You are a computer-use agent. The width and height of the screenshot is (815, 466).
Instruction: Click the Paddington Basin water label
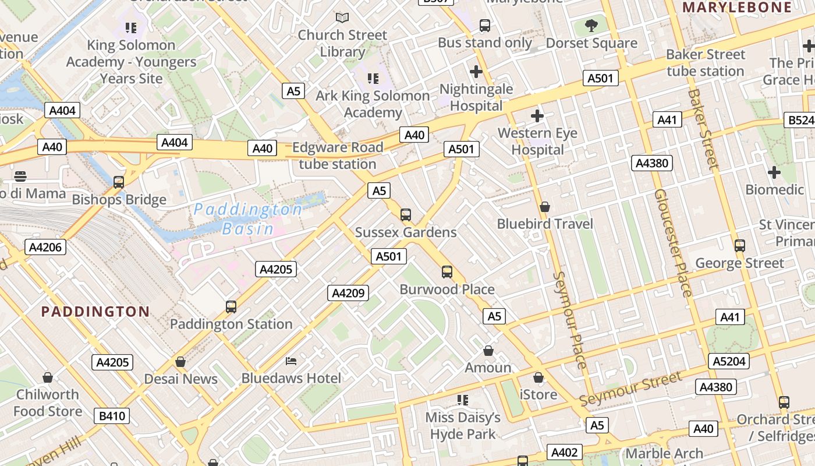click(249, 218)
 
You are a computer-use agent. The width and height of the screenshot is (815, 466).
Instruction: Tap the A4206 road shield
click(45, 247)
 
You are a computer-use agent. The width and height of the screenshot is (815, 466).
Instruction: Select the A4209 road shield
click(348, 293)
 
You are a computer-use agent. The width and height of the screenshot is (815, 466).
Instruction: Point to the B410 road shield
click(112, 416)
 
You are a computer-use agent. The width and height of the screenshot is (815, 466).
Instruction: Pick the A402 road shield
click(564, 453)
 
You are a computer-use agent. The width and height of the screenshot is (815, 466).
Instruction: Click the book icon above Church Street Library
click(342, 18)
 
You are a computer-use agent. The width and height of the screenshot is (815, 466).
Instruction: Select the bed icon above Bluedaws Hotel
click(291, 361)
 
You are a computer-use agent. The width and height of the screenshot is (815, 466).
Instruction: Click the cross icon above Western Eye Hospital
click(537, 116)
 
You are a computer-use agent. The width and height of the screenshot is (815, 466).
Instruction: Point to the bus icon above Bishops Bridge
click(119, 182)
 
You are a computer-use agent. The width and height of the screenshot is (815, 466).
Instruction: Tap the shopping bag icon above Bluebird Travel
click(545, 207)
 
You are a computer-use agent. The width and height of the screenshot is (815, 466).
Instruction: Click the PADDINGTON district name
click(95, 311)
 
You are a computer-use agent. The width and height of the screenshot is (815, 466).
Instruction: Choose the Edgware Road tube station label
click(338, 156)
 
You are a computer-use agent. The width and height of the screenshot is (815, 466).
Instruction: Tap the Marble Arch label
click(664, 453)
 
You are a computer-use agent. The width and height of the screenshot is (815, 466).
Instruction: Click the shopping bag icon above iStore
click(538, 377)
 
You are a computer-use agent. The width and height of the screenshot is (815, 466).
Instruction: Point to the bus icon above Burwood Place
click(447, 272)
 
